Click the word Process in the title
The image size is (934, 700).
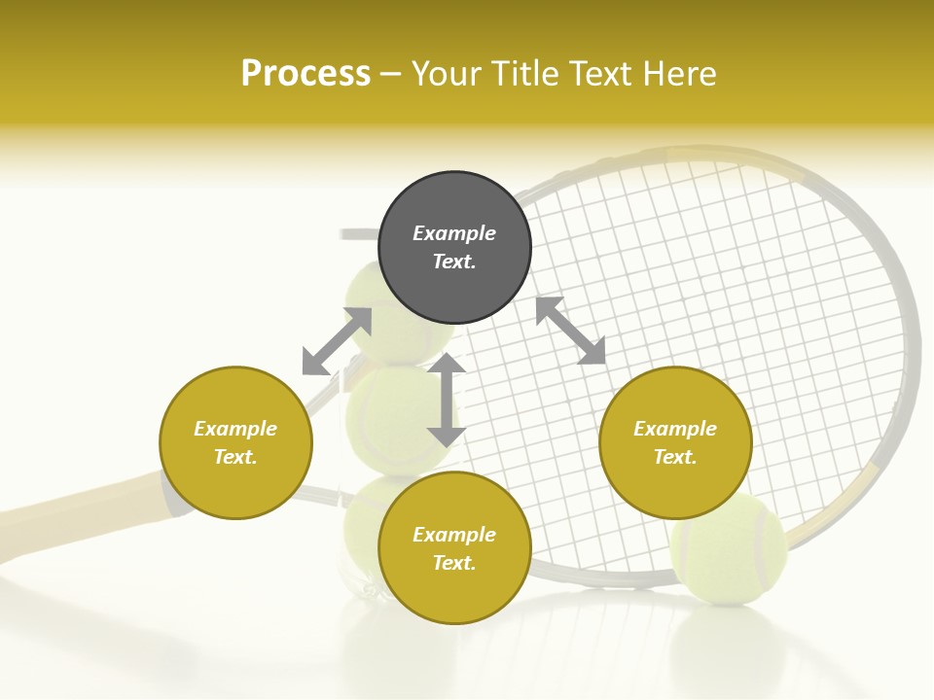[305, 74]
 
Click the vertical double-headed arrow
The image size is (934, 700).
[447, 400]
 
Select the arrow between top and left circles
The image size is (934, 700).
[337, 341]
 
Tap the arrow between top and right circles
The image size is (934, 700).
[571, 331]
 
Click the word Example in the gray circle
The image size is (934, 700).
[454, 233]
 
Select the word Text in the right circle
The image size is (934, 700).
[675, 457]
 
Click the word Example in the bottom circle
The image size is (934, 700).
[454, 535]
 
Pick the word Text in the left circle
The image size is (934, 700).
[235, 457]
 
